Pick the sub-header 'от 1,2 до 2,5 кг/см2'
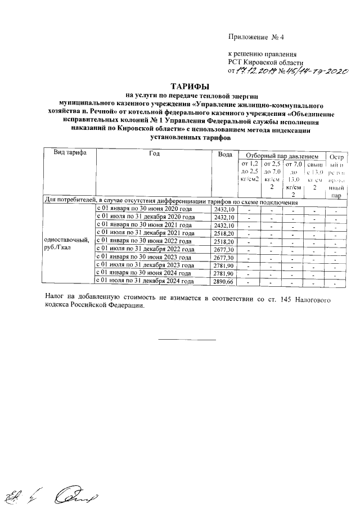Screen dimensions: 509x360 [x=249, y=170]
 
